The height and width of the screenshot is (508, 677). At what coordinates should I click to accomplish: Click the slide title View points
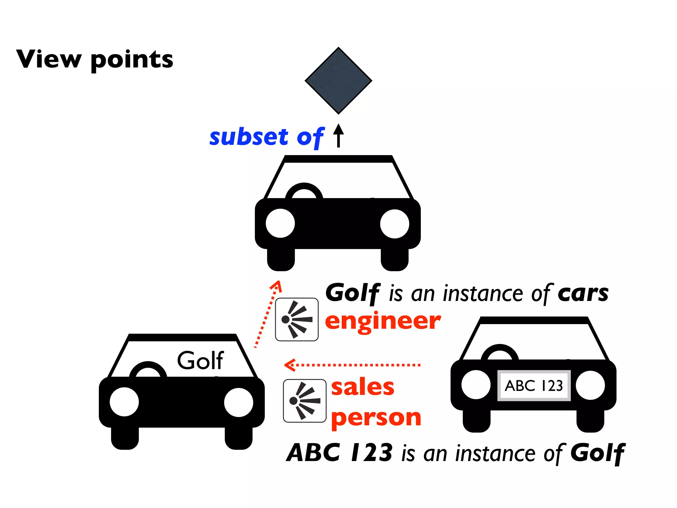(95, 60)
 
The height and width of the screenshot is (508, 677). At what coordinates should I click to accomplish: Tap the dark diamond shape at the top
(338, 81)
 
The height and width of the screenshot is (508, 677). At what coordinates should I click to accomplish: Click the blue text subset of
(266, 137)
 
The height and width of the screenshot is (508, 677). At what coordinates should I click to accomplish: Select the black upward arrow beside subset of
(338, 135)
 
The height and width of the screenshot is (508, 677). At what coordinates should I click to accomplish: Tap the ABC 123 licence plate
(534, 386)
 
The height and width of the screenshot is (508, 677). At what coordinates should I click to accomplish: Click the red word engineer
(383, 321)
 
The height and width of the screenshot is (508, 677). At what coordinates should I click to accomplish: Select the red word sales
(363, 387)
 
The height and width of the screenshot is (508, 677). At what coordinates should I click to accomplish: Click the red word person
(376, 418)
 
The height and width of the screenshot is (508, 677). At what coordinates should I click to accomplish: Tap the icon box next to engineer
(297, 319)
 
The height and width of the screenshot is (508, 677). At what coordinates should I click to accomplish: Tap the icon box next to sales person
(304, 401)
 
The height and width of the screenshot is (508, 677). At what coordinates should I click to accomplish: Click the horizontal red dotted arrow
(352, 365)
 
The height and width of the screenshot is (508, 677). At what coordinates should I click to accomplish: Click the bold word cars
(583, 293)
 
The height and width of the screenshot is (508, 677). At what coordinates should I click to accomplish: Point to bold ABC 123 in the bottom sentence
(340, 453)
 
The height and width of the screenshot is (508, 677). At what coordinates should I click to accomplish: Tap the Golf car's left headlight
(124, 402)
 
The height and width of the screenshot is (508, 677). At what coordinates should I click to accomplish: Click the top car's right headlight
(394, 224)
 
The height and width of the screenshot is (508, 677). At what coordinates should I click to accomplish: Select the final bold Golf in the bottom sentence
(598, 453)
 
